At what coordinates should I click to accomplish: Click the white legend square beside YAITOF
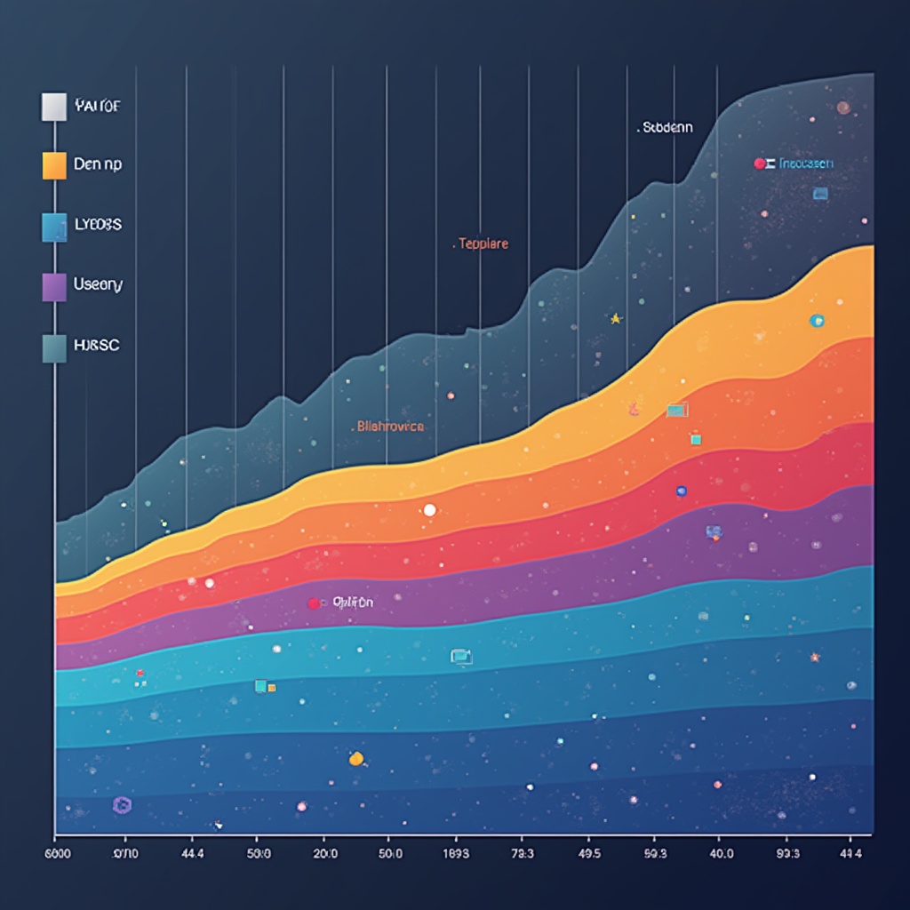(x=53, y=107)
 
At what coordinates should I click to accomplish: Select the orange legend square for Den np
(x=53, y=165)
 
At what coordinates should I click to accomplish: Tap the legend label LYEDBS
(x=99, y=225)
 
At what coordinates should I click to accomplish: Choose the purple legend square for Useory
(x=53, y=287)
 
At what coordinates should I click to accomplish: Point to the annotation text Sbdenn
(x=667, y=128)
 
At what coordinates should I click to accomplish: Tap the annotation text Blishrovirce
(x=390, y=427)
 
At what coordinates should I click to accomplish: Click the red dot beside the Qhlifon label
(x=314, y=603)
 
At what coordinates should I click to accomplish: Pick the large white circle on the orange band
(x=429, y=510)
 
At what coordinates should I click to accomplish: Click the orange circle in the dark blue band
(x=355, y=759)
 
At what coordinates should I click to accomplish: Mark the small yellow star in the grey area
(x=615, y=318)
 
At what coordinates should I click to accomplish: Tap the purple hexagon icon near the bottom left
(x=122, y=805)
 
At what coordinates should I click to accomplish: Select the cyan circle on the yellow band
(x=816, y=321)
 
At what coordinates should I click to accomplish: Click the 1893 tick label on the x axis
(x=456, y=853)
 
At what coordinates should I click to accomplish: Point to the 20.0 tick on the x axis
(x=324, y=853)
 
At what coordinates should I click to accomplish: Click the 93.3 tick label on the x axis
(x=788, y=853)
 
